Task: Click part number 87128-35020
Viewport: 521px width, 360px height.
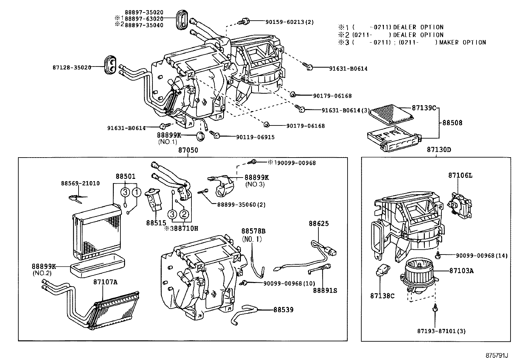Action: pyautogui.click(x=72, y=67)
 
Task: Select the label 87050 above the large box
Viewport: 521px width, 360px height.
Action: pyautogui.click(x=188, y=150)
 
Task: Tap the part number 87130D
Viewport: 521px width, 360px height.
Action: pyautogui.click(x=439, y=150)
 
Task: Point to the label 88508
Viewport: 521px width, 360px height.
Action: pyautogui.click(x=452, y=123)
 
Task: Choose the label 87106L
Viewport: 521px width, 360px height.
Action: pyautogui.click(x=460, y=176)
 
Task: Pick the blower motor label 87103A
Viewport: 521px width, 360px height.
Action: pyautogui.click(x=461, y=271)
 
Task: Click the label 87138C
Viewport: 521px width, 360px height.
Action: pyautogui.click(x=382, y=296)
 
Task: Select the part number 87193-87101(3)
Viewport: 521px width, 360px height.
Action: pyautogui.click(x=441, y=331)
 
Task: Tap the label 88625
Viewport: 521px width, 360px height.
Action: pyautogui.click(x=319, y=224)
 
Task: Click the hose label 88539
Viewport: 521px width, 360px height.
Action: pyautogui.click(x=283, y=310)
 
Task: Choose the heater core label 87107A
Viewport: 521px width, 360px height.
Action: pyautogui.click(x=105, y=282)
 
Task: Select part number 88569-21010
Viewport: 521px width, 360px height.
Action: pyautogui.click(x=80, y=183)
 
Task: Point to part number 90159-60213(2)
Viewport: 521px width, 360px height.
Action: pyautogui.click(x=289, y=22)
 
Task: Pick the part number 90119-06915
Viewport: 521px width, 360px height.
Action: pyautogui.click(x=255, y=137)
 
